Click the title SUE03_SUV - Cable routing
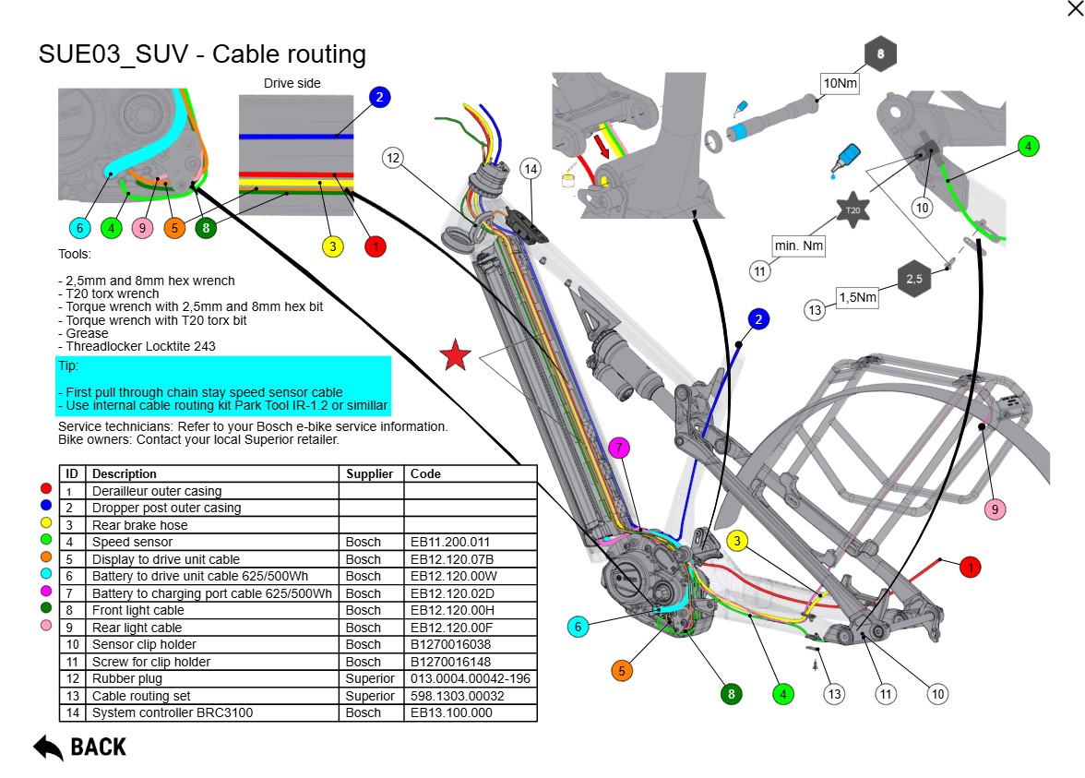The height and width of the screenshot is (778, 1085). pyautogui.click(x=202, y=54)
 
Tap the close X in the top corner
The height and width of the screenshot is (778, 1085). pyautogui.click(x=1075, y=8)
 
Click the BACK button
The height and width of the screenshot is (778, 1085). pyautogui.click(x=80, y=747)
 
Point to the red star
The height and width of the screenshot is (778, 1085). pyautogui.click(x=455, y=355)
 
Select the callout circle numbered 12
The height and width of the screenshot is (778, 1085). pyautogui.click(x=394, y=158)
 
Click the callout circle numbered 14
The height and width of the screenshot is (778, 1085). pyautogui.click(x=530, y=169)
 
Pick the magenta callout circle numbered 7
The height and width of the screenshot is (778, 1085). pyautogui.click(x=620, y=449)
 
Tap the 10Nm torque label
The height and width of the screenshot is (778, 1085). pyautogui.click(x=840, y=83)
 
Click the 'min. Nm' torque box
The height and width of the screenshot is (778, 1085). pyautogui.click(x=799, y=245)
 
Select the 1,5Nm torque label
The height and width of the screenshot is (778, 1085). pyautogui.click(x=857, y=297)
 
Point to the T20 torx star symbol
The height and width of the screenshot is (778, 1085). pyautogui.click(x=852, y=210)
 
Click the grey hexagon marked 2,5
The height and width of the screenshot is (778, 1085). pyautogui.click(x=913, y=278)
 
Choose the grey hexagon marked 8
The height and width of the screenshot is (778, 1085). pyautogui.click(x=880, y=54)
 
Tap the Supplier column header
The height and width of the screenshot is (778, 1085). pyautogui.click(x=370, y=473)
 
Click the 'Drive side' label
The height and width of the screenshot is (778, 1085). pyautogui.click(x=292, y=83)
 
